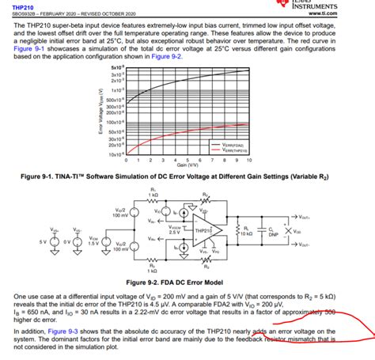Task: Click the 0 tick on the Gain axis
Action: [127, 160]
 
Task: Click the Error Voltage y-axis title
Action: [100, 112]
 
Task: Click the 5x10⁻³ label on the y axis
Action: [116, 69]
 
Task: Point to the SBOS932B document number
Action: [25, 14]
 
